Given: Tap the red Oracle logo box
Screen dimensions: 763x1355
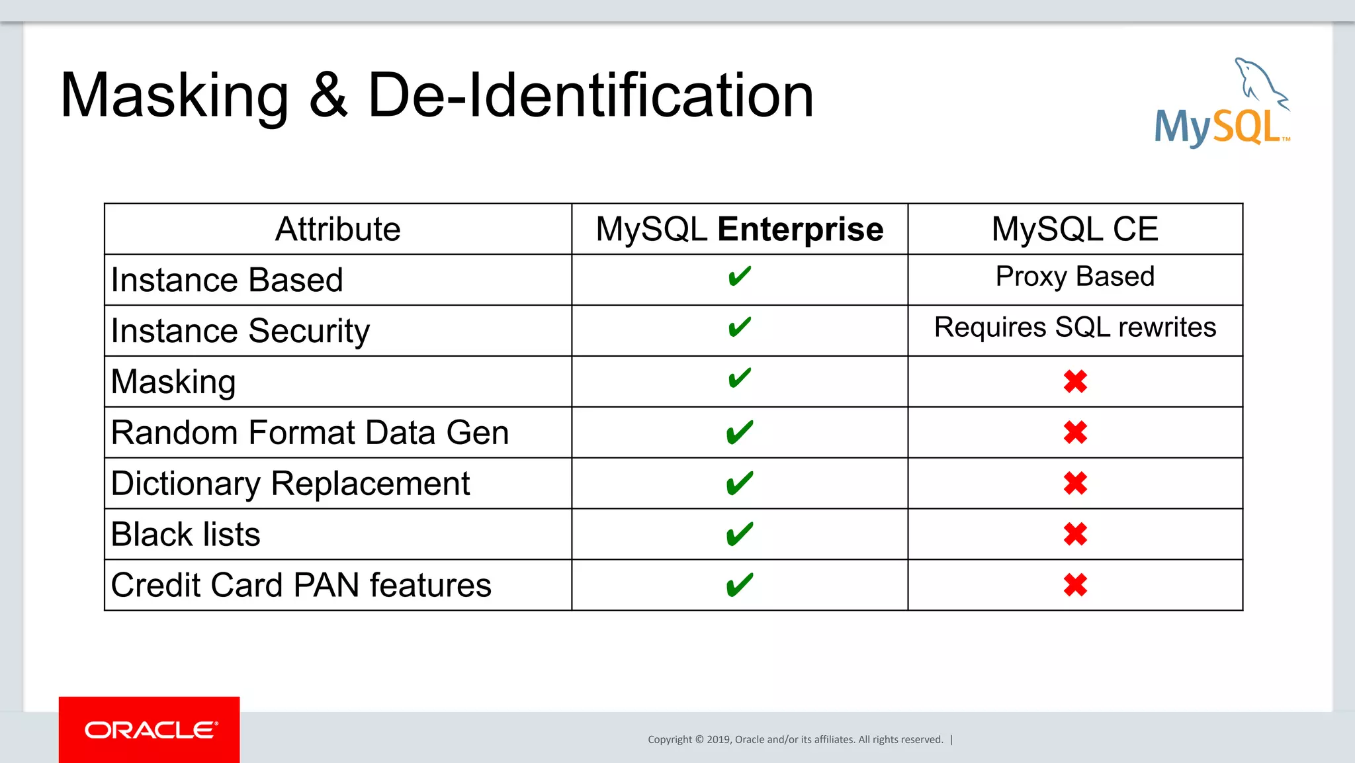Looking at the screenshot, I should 150,729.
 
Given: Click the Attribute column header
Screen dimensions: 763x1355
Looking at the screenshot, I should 337,229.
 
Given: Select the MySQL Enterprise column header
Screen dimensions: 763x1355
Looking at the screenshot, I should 739,229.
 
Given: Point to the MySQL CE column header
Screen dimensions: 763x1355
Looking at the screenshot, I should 1074,229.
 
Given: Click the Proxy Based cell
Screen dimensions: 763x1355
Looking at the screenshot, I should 1074,277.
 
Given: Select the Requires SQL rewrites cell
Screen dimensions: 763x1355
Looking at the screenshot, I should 1074,328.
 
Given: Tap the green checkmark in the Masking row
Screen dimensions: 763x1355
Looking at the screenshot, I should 739,379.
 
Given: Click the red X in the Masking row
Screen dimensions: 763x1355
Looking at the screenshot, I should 1075,382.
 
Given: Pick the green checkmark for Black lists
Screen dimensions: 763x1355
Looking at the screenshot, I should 739,534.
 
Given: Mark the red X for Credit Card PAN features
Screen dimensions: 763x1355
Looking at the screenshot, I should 1075,585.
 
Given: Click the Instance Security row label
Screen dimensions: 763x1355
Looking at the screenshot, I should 240,331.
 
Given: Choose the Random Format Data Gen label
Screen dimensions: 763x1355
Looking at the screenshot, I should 310,433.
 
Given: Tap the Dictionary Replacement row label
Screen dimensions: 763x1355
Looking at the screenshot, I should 290,484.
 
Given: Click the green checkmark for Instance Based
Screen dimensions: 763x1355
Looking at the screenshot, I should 739,276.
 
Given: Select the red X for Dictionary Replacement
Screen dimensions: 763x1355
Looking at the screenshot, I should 1075,484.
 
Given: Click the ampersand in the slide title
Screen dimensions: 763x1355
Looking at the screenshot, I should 328,96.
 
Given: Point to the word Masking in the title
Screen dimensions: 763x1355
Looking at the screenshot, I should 175,96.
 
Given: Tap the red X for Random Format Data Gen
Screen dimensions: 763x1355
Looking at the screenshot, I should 1075,433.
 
